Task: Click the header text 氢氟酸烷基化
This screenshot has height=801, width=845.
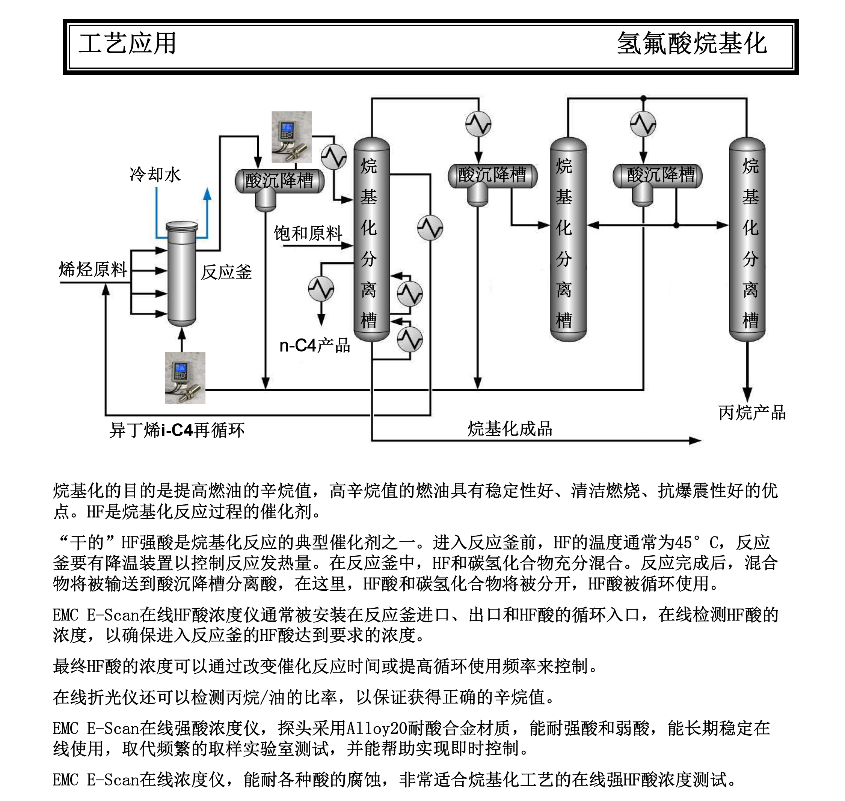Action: (x=692, y=44)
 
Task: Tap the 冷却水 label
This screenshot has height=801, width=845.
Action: (x=155, y=174)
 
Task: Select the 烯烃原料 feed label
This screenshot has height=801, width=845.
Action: (x=93, y=270)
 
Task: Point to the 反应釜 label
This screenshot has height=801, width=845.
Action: (x=226, y=272)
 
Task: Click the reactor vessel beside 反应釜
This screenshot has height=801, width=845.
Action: (x=181, y=273)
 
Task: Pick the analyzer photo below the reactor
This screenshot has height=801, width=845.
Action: (x=185, y=378)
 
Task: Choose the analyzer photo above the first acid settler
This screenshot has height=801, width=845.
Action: (x=292, y=137)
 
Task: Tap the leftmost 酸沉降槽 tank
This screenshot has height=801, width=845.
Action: (x=279, y=181)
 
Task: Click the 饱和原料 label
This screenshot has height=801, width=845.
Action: (x=308, y=233)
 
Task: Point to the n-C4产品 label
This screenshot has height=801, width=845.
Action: (x=314, y=345)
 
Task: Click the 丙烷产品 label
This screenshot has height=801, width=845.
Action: (x=752, y=413)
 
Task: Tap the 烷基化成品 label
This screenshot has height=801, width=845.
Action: (x=510, y=428)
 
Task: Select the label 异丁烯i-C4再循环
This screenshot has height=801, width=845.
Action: (x=177, y=430)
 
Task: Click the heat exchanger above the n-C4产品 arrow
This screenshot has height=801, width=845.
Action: (x=321, y=289)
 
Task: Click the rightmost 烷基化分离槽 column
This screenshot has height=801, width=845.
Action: (x=747, y=239)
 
